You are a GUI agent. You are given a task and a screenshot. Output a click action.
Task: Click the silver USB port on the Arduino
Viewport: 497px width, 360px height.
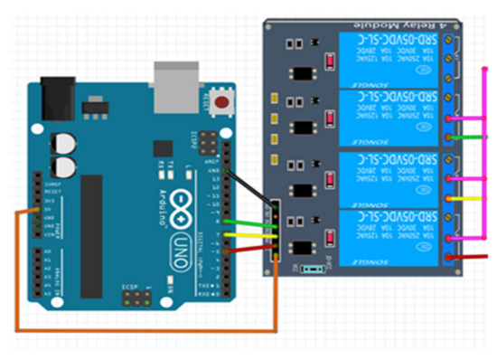(173, 82)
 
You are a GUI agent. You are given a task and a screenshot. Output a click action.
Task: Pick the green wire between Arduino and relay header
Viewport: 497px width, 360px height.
(248, 223)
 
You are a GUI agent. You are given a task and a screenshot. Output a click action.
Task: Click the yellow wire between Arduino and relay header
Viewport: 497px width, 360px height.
(248, 233)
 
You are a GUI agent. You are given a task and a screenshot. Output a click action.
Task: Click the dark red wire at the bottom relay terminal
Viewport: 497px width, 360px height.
(470, 256)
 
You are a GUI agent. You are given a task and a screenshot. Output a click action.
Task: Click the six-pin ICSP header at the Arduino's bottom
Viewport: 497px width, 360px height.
(135, 295)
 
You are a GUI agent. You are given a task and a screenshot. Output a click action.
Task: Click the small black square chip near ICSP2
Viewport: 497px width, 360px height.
(162, 147)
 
